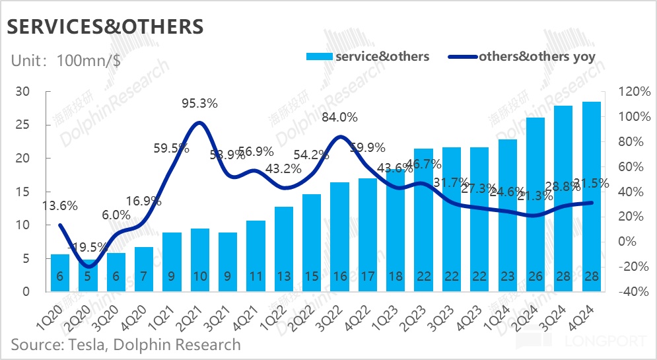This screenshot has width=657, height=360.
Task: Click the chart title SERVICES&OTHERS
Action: click(105, 26)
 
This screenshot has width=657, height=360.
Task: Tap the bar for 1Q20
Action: click(60, 272)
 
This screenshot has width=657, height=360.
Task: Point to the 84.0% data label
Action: click(339, 118)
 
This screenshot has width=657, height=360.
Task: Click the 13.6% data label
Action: click(60, 205)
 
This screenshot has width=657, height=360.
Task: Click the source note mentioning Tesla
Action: click(125, 344)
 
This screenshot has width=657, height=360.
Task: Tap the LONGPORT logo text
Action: click(605, 342)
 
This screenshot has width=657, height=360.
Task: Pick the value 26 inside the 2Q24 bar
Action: click(536, 277)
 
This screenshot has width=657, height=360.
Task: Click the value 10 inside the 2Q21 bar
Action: click(199, 277)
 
